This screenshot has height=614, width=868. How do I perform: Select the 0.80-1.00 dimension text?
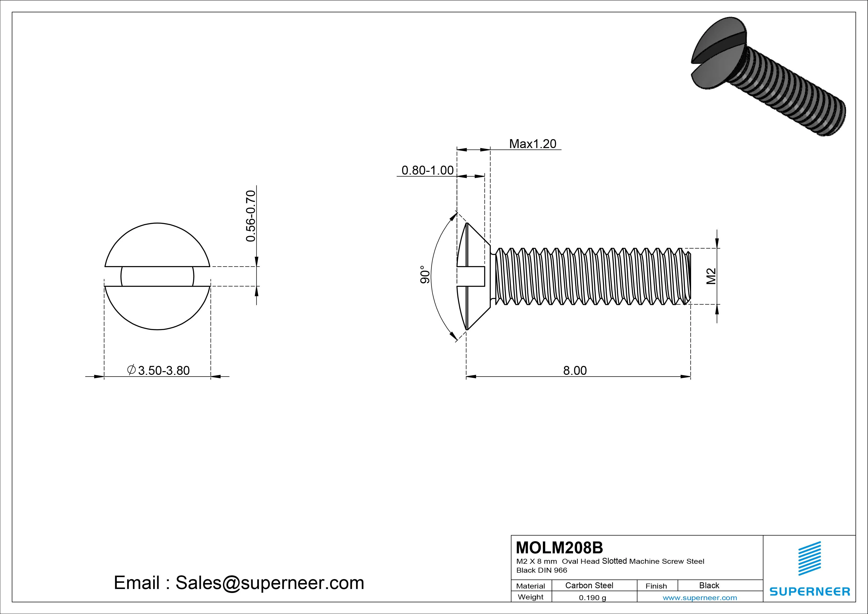point(427,170)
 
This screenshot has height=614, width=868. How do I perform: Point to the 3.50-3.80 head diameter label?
point(163,370)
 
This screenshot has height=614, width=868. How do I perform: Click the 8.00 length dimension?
point(575,370)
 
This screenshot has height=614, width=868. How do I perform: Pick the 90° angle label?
point(425,274)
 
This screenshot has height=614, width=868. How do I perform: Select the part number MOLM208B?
point(559,547)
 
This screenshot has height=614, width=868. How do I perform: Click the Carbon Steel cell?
point(589,585)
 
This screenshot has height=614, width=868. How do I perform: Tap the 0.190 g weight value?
point(592,598)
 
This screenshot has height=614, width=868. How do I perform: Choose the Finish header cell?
point(656,586)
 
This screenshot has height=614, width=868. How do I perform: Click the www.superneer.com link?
point(700,598)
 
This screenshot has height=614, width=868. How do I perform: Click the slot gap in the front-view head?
point(157,277)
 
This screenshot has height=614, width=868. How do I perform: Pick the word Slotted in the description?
point(614,561)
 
